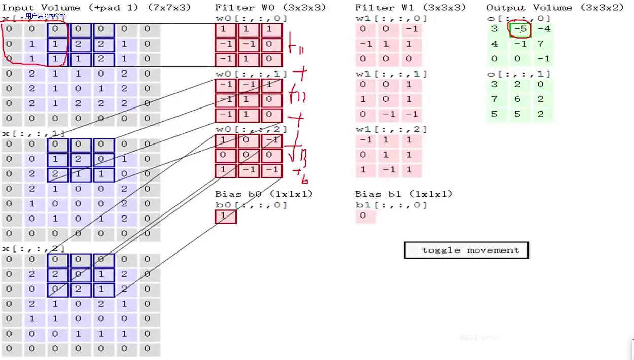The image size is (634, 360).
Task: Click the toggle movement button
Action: [466, 250]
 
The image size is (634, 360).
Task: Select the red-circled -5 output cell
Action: [520, 29]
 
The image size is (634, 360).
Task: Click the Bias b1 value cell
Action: [363, 216]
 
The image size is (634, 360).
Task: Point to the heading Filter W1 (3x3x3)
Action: [410, 8]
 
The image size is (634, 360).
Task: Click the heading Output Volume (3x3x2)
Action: [555, 8]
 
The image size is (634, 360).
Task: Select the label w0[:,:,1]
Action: [251, 74]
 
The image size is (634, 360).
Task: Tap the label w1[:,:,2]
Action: [391, 130]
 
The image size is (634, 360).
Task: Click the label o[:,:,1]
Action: [518, 75]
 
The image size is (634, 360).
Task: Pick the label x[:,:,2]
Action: [34, 249]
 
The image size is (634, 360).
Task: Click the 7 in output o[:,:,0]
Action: [541, 44]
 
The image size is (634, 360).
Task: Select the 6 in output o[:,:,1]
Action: [517, 99]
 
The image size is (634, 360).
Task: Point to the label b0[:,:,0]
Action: [251, 205]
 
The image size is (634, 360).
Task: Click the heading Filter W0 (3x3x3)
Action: [270, 8]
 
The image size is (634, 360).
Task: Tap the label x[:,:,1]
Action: [34, 133]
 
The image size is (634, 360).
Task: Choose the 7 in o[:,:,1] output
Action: [495, 99]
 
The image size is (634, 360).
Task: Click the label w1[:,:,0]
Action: [391, 19]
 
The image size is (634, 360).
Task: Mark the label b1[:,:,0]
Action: [391, 205]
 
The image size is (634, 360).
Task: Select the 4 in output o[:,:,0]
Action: [495, 44]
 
